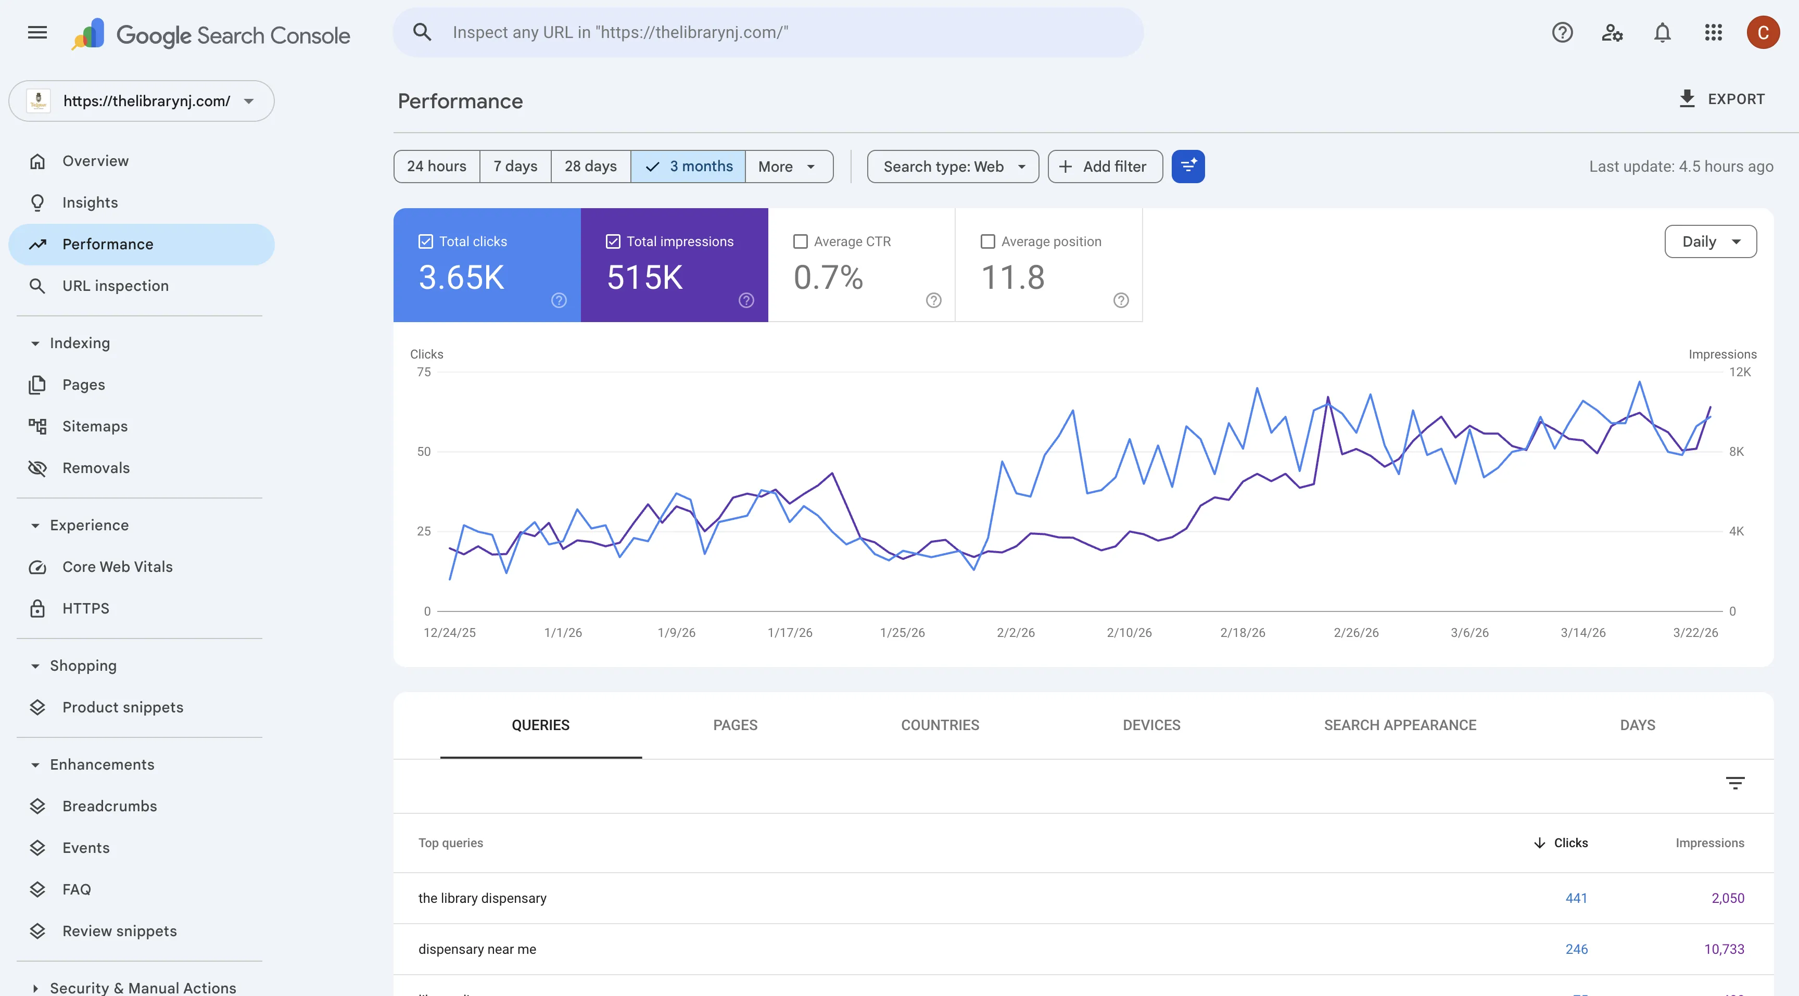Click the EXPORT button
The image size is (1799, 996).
point(1721,99)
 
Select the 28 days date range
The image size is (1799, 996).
point(590,166)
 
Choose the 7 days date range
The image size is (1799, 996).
point(515,166)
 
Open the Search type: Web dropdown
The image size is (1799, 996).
point(953,166)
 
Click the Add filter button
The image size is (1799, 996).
point(1105,166)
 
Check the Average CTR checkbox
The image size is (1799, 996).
point(800,241)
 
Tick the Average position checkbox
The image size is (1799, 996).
point(987,241)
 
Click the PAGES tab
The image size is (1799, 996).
point(734,725)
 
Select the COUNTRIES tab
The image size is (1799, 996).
point(940,725)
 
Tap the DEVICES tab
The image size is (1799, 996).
point(1151,725)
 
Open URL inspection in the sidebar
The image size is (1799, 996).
point(115,286)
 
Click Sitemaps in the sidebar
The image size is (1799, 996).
point(95,427)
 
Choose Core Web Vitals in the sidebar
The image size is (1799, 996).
point(117,567)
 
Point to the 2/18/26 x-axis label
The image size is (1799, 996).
point(1243,632)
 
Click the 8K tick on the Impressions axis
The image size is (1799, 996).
point(1736,452)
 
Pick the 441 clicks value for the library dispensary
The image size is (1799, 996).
point(1576,898)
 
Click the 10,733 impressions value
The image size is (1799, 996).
point(1724,949)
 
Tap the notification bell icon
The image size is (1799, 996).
point(1662,33)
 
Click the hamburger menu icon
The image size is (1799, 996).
point(37,33)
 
